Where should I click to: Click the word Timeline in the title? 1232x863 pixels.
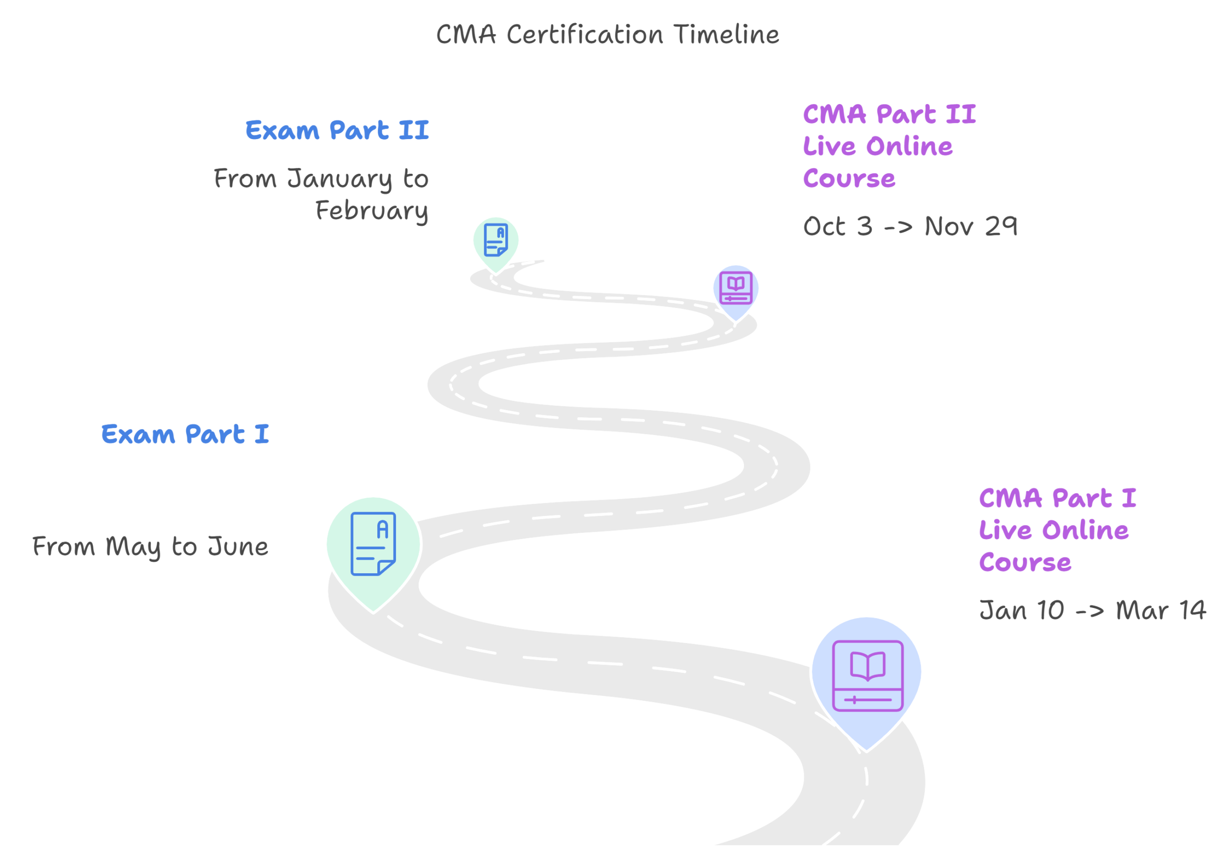coord(726,35)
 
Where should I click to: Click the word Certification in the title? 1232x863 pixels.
coord(585,35)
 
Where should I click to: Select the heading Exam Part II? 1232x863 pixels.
coord(337,130)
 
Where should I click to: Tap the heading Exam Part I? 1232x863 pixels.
coord(185,434)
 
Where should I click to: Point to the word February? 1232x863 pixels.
coord(372,211)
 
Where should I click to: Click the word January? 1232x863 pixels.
coord(340,179)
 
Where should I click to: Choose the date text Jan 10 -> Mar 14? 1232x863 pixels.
coord(1092,611)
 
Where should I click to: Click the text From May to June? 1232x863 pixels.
coord(150,547)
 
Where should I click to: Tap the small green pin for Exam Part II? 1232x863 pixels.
coord(496,242)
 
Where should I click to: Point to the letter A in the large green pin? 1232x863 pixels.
coord(383,530)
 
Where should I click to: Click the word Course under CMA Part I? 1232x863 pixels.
coord(1025,563)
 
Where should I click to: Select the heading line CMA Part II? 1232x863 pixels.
coord(889,115)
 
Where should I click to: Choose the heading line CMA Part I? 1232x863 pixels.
coord(1057,498)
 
